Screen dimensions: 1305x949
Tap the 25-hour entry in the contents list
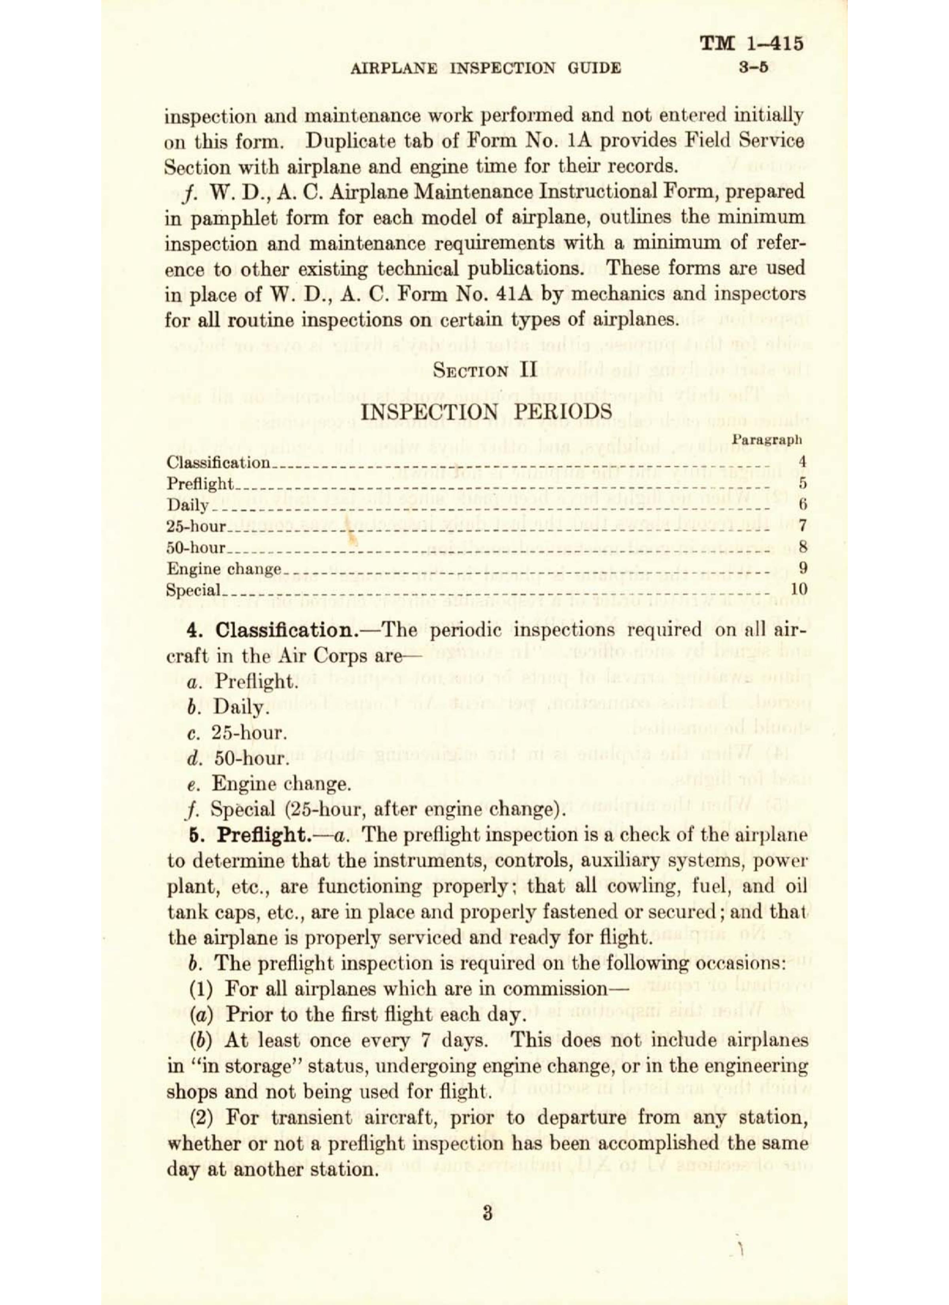196,526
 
